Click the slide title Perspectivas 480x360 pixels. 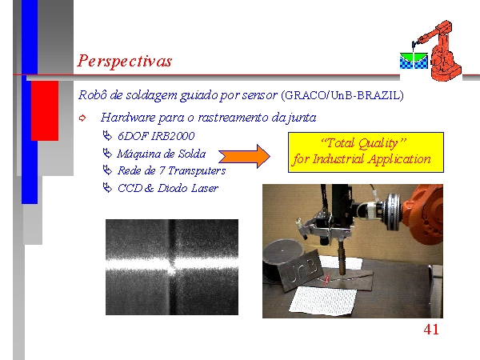point(124,61)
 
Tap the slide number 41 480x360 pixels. point(431,330)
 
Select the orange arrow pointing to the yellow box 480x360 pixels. point(244,156)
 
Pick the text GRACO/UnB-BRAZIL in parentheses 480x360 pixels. point(342,95)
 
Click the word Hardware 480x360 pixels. point(128,118)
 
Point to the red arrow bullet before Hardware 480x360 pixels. point(82,118)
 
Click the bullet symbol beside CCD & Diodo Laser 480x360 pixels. point(107,187)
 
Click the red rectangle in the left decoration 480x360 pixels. point(45,110)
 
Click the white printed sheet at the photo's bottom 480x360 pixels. point(323,300)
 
